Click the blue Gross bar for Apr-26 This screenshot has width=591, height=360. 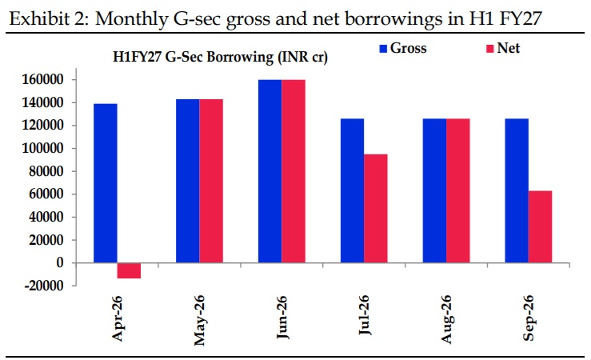tap(105, 183)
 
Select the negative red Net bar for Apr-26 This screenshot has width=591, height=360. tap(129, 270)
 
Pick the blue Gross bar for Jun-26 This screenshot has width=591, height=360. tap(270, 171)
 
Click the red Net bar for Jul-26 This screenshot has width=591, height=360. tap(375, 208)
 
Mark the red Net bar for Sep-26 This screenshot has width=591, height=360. tap(540, 226)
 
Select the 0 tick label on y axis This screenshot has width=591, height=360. tap(59, 263)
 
